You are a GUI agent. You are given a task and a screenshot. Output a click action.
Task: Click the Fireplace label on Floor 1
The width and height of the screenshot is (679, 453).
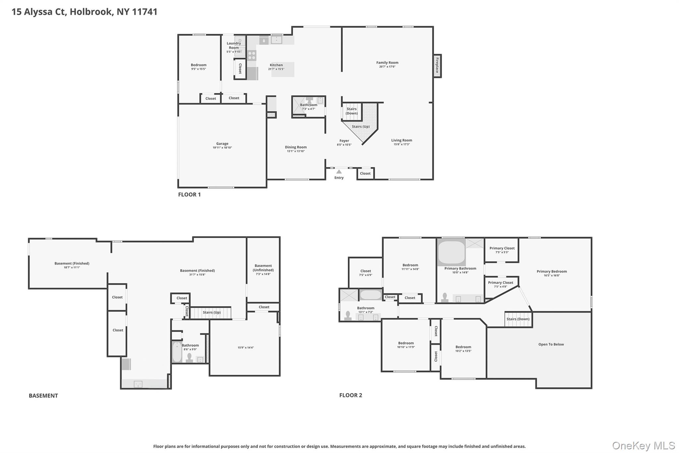[437, 65]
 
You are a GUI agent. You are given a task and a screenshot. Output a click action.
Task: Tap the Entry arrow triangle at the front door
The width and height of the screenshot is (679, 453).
[339, 172]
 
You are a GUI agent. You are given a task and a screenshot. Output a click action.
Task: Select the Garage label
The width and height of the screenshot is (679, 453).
[222, 144]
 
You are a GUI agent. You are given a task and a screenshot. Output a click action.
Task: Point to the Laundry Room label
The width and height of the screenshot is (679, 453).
[234, 45]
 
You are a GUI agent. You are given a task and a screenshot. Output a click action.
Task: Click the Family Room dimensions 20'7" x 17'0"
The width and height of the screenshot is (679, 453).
[387, 67]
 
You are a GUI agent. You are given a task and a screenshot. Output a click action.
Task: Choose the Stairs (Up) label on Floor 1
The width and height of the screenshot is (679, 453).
[360, 126]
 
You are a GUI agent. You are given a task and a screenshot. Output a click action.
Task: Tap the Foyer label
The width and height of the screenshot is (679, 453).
[344, 141]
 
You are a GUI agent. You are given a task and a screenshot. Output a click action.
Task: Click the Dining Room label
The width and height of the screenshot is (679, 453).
[296, 147]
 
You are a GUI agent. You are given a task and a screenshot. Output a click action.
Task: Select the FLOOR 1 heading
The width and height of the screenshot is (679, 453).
[189, 194]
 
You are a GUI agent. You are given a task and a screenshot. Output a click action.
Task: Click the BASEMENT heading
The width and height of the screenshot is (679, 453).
[43, 396]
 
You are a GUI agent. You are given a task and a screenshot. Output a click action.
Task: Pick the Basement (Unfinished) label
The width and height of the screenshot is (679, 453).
[263, 268]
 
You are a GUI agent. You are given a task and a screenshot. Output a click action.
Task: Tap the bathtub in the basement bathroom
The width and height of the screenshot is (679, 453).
[177, 352]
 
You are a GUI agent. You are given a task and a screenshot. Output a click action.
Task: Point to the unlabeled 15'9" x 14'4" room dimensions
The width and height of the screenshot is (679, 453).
[245, 347]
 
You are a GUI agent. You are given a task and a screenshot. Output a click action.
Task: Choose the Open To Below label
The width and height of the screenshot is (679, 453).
[551, 344]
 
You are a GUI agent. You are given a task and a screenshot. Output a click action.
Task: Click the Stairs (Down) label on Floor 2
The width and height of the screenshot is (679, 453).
[518, 319]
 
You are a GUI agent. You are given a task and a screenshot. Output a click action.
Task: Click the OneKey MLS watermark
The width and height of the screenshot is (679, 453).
[643, 445]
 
